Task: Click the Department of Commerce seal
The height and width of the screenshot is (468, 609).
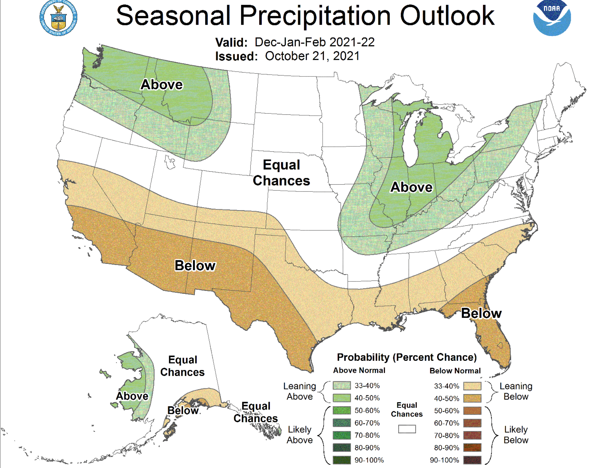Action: [58, 18]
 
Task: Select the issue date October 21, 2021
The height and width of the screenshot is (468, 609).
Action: [312, 56]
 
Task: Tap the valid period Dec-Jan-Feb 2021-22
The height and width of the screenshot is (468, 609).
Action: [314, 42]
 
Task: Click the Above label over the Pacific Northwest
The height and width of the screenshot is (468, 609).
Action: [161, 84]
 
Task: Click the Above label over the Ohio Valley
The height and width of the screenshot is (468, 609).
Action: [411, 187]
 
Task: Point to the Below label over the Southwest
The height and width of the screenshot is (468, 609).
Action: [195, 265]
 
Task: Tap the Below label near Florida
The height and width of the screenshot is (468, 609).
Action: [481, 313]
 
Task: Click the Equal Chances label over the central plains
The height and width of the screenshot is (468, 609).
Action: [281, 173]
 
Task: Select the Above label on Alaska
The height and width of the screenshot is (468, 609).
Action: [132, 396]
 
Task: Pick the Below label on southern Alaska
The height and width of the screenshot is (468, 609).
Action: [183, 411]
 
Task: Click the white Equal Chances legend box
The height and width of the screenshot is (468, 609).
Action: [407, 429]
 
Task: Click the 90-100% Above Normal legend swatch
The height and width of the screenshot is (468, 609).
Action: [341, 460]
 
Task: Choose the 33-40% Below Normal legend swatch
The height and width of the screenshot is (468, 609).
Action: [472, 386]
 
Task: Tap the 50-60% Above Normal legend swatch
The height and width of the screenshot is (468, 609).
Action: [341, 410]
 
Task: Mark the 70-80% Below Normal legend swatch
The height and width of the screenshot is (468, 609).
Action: [472, 435]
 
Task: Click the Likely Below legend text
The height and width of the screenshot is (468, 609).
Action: [516, 435]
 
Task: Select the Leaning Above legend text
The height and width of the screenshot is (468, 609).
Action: [299, 391]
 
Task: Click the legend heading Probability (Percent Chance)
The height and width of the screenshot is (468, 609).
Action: [407, 357]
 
